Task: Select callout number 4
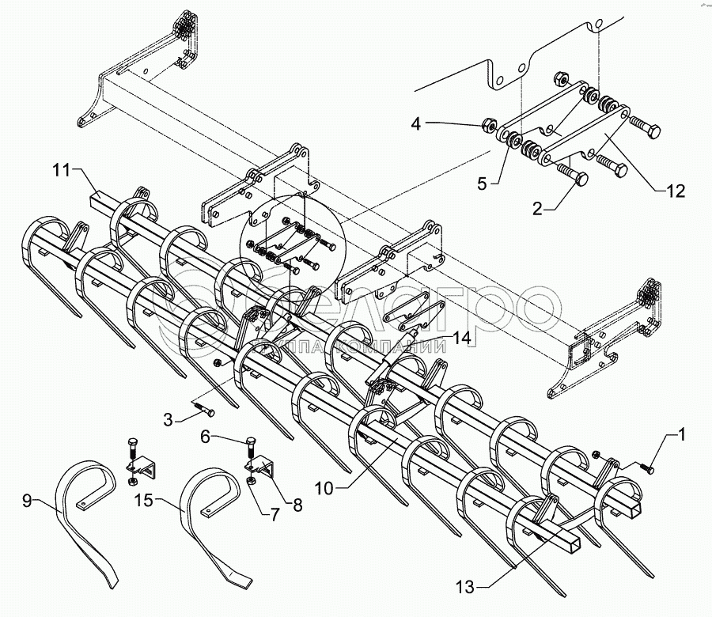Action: point(416,123)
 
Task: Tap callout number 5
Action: point(482,184)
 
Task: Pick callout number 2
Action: point(537,210)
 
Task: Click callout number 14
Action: point(461,339)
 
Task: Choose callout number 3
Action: point(168,420)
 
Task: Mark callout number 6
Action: point(205,437)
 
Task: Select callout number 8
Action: point(297,505)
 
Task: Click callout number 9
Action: point(27,502)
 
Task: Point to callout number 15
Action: point(145,501)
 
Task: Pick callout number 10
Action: point(324,489)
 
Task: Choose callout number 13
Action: point(466,588)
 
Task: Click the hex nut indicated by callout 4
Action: point(489,124)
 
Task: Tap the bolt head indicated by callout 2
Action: point(581,179)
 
